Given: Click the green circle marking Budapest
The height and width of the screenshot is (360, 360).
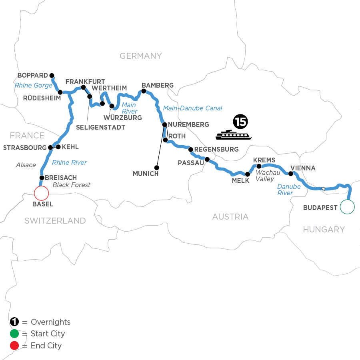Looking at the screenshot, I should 347,207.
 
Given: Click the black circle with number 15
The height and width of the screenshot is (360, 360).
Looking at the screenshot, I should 240,120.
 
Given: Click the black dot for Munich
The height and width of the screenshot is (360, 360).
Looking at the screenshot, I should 157,168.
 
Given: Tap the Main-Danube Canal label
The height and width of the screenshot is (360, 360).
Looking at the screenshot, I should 192,108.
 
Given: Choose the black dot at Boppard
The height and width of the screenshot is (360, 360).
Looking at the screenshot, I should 52,75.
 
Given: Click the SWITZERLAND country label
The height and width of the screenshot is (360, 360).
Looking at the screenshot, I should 55,220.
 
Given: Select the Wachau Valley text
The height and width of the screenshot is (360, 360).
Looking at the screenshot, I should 264,176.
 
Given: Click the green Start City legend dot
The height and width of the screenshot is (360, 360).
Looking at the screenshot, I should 14,334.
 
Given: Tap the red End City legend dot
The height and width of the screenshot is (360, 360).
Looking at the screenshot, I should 14,345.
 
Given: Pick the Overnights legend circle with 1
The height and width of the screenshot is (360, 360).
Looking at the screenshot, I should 14,322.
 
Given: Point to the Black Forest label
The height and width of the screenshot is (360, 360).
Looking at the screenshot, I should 71,185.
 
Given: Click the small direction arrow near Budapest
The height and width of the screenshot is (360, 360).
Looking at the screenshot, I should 322,188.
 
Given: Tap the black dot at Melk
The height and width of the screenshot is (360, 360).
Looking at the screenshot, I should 248,174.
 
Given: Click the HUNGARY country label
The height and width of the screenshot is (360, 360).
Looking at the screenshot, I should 324,229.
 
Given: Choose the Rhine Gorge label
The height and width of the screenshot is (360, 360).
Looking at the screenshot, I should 33,85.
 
